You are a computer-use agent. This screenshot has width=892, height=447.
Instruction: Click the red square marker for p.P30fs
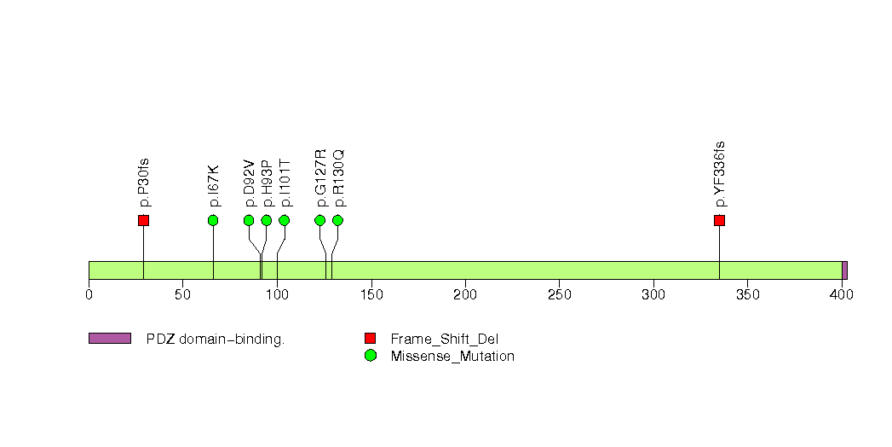143,220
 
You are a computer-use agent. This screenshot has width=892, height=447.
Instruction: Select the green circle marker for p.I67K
213,220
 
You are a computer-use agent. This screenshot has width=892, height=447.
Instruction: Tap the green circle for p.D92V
249,220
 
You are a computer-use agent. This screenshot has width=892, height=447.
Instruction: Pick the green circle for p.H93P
266,220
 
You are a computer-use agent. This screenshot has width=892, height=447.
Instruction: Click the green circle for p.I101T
284,220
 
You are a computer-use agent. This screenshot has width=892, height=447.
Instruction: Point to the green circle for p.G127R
319,220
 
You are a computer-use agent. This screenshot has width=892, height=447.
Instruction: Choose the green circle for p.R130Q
337,220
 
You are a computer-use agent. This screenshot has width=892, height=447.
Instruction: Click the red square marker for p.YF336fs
719,220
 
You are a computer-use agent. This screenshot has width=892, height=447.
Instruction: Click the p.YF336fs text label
720,174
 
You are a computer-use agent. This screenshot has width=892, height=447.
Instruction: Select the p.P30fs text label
144,183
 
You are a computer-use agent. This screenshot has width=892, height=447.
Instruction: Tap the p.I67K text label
214,185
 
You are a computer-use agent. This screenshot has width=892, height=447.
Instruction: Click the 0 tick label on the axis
89,295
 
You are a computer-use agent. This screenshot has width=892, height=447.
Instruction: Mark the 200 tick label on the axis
465,295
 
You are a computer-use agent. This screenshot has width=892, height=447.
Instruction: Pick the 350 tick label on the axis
747,295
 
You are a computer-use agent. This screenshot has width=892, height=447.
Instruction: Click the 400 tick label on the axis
842,295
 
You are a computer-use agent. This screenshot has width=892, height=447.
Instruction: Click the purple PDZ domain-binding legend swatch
109,339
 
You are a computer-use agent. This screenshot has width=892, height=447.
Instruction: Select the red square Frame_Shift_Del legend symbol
370,339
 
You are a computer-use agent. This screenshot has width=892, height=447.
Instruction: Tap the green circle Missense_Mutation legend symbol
370,356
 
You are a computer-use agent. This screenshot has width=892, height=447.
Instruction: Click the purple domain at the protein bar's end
844,270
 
